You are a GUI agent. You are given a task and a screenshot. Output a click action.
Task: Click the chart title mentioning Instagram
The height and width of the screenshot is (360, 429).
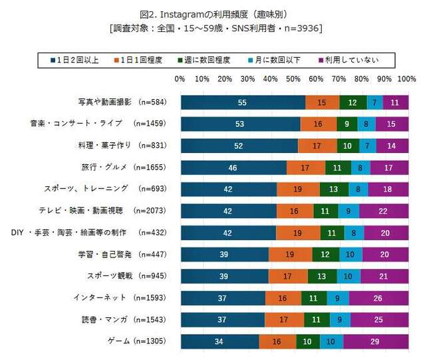214,13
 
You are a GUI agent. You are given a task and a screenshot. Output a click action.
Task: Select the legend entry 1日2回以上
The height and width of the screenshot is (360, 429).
77,61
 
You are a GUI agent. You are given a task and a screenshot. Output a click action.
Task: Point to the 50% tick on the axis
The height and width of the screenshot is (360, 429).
293,79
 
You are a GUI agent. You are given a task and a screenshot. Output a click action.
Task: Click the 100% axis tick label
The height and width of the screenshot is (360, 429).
406,79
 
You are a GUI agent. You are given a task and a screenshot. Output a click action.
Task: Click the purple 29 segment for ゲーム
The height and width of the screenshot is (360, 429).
376,341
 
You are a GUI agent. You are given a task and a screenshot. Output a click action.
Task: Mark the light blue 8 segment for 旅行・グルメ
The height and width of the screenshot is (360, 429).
360,168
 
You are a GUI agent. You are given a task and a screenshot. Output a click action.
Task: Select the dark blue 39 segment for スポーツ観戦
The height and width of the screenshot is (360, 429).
224,276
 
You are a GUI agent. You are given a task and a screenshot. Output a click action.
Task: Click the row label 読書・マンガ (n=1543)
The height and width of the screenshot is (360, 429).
122,319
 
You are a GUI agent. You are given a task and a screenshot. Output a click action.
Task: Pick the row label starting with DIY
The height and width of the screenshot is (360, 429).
87,232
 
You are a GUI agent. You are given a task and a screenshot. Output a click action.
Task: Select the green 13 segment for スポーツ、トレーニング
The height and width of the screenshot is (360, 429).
334,189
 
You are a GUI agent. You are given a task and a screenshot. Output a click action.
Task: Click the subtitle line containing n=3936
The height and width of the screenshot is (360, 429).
214,29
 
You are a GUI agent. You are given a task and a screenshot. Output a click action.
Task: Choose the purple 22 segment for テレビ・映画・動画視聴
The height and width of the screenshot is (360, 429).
384,211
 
